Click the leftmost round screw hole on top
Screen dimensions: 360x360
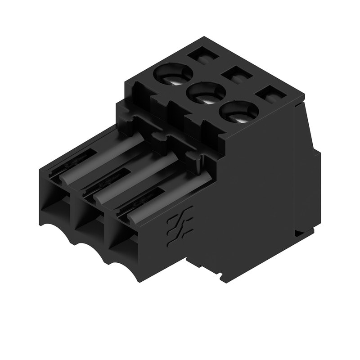(x=173, y=74)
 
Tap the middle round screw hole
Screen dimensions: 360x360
(x=206, y=94)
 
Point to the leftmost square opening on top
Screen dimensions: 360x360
(x=201, y=56)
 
